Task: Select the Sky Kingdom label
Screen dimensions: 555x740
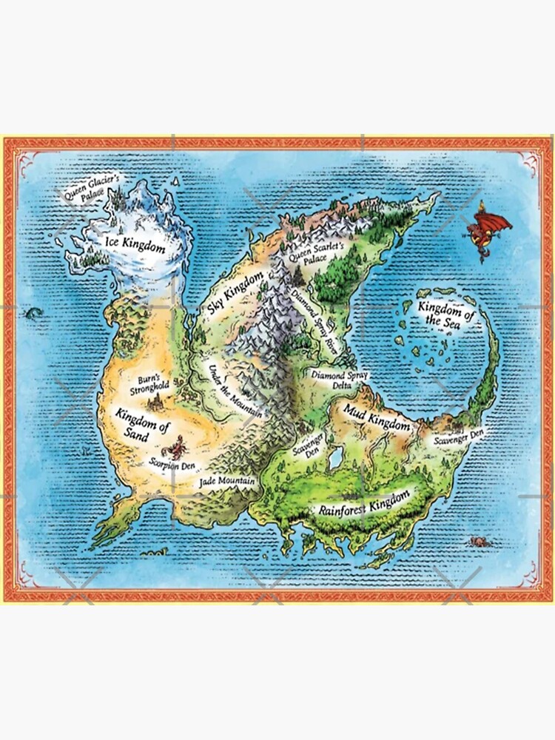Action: tap(236, 295)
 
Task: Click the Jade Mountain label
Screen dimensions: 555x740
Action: tap(228, 482)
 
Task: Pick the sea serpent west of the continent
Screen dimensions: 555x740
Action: tap(33, 314)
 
